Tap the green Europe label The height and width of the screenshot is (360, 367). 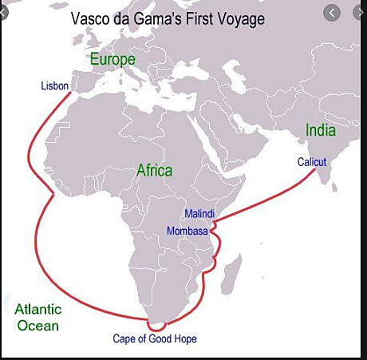point(112,59)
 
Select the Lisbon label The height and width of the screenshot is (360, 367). point(55,85)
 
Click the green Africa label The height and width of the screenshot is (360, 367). point(154,170)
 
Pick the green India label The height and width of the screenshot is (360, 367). point(319,130)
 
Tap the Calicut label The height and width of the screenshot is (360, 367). point(312,162)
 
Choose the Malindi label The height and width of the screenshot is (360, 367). point(199,215)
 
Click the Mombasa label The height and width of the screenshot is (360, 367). point(187,231)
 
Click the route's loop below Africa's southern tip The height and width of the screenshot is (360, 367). point(158,325)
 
